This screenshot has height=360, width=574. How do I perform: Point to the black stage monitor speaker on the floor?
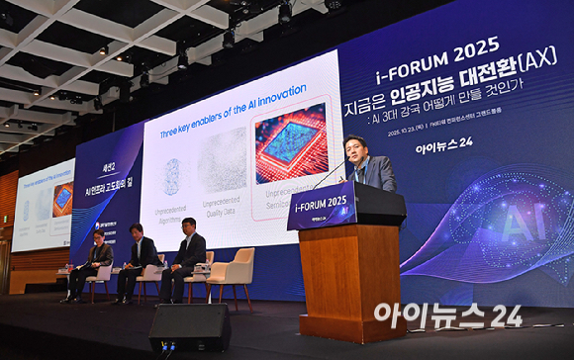(x=189, y=326)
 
